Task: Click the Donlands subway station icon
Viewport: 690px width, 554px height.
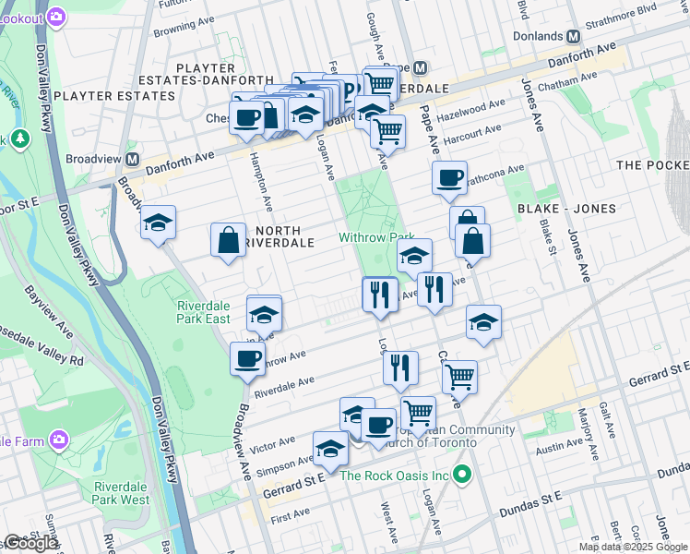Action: pyautogui.click(x=572, y=36)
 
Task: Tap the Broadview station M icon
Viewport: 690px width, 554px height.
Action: pyautogui.click(x=133, y=159)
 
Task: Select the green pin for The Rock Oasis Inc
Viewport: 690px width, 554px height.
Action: pyautogui.click(x=464, y=476)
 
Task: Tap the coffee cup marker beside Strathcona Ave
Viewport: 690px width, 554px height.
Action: pyautogui.click(x=450, y=177)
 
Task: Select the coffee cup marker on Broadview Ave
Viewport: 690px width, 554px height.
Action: pyautogui.click(x=246, y=358)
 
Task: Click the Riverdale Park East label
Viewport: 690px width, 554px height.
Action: pyautogui.click(x=204, y=311)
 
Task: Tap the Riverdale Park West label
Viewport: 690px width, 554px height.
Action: pyautogui.click(x=121, y=493)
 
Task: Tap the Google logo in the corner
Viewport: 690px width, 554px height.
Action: pyautogui.click(x=31, y=543)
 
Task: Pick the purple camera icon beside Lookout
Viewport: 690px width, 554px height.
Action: pyautogui.click(x=57, y=16)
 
